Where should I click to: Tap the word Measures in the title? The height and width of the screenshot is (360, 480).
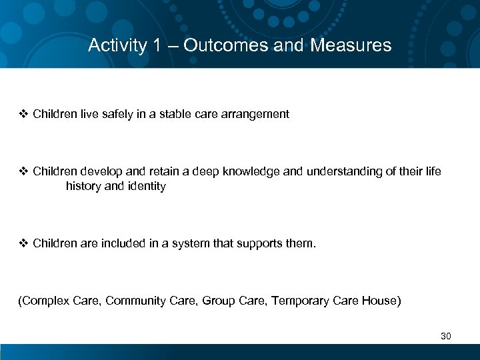pyautogui.click(x=350, y=45)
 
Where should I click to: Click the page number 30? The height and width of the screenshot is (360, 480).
pyautogui.click(x=446, y=336)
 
